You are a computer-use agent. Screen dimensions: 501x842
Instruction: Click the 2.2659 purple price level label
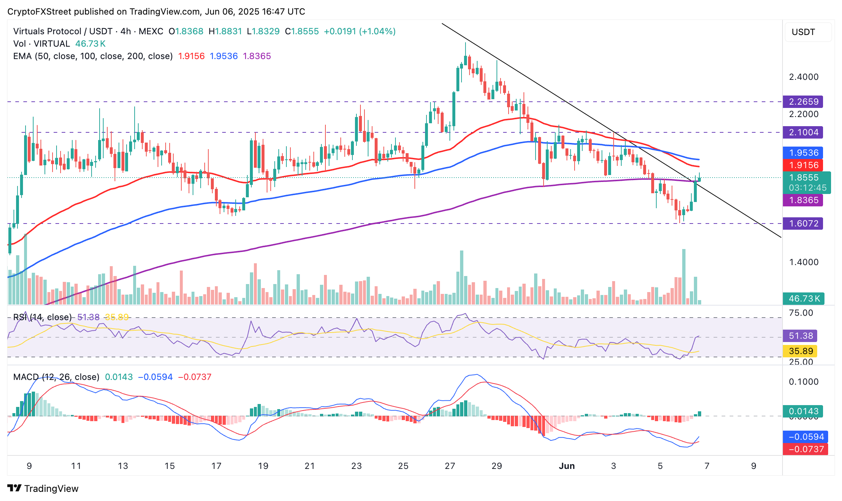pos(803,102)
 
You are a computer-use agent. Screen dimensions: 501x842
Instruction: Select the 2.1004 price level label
pos(803,132)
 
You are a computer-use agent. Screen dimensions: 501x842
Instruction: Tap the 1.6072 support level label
pos(803,224)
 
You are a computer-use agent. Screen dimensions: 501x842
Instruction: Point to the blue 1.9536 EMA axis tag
pos(803,153)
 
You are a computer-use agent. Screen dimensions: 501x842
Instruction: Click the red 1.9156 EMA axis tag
pos(803,165)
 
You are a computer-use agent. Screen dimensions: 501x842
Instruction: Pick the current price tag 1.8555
pos(806,178)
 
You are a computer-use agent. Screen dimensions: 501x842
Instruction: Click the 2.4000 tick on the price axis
pos(804,77)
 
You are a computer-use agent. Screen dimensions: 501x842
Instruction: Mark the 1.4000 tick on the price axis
pos(804,262)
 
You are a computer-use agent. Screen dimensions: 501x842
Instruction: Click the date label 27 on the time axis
pos(450,466)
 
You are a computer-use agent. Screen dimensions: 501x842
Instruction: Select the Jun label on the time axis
pos(567,466)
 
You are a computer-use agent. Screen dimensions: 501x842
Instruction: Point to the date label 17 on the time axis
pos(216,466)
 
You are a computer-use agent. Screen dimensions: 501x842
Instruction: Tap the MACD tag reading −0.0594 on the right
pos(806,437)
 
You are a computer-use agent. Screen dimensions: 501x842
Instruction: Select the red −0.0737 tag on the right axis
pos(806,449)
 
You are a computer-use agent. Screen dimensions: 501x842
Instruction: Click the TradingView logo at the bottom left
pos(43,489)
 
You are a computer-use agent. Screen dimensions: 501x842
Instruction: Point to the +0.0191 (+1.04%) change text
pos(360,31)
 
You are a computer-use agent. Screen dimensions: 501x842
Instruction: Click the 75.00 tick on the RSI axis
pos(801,313)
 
